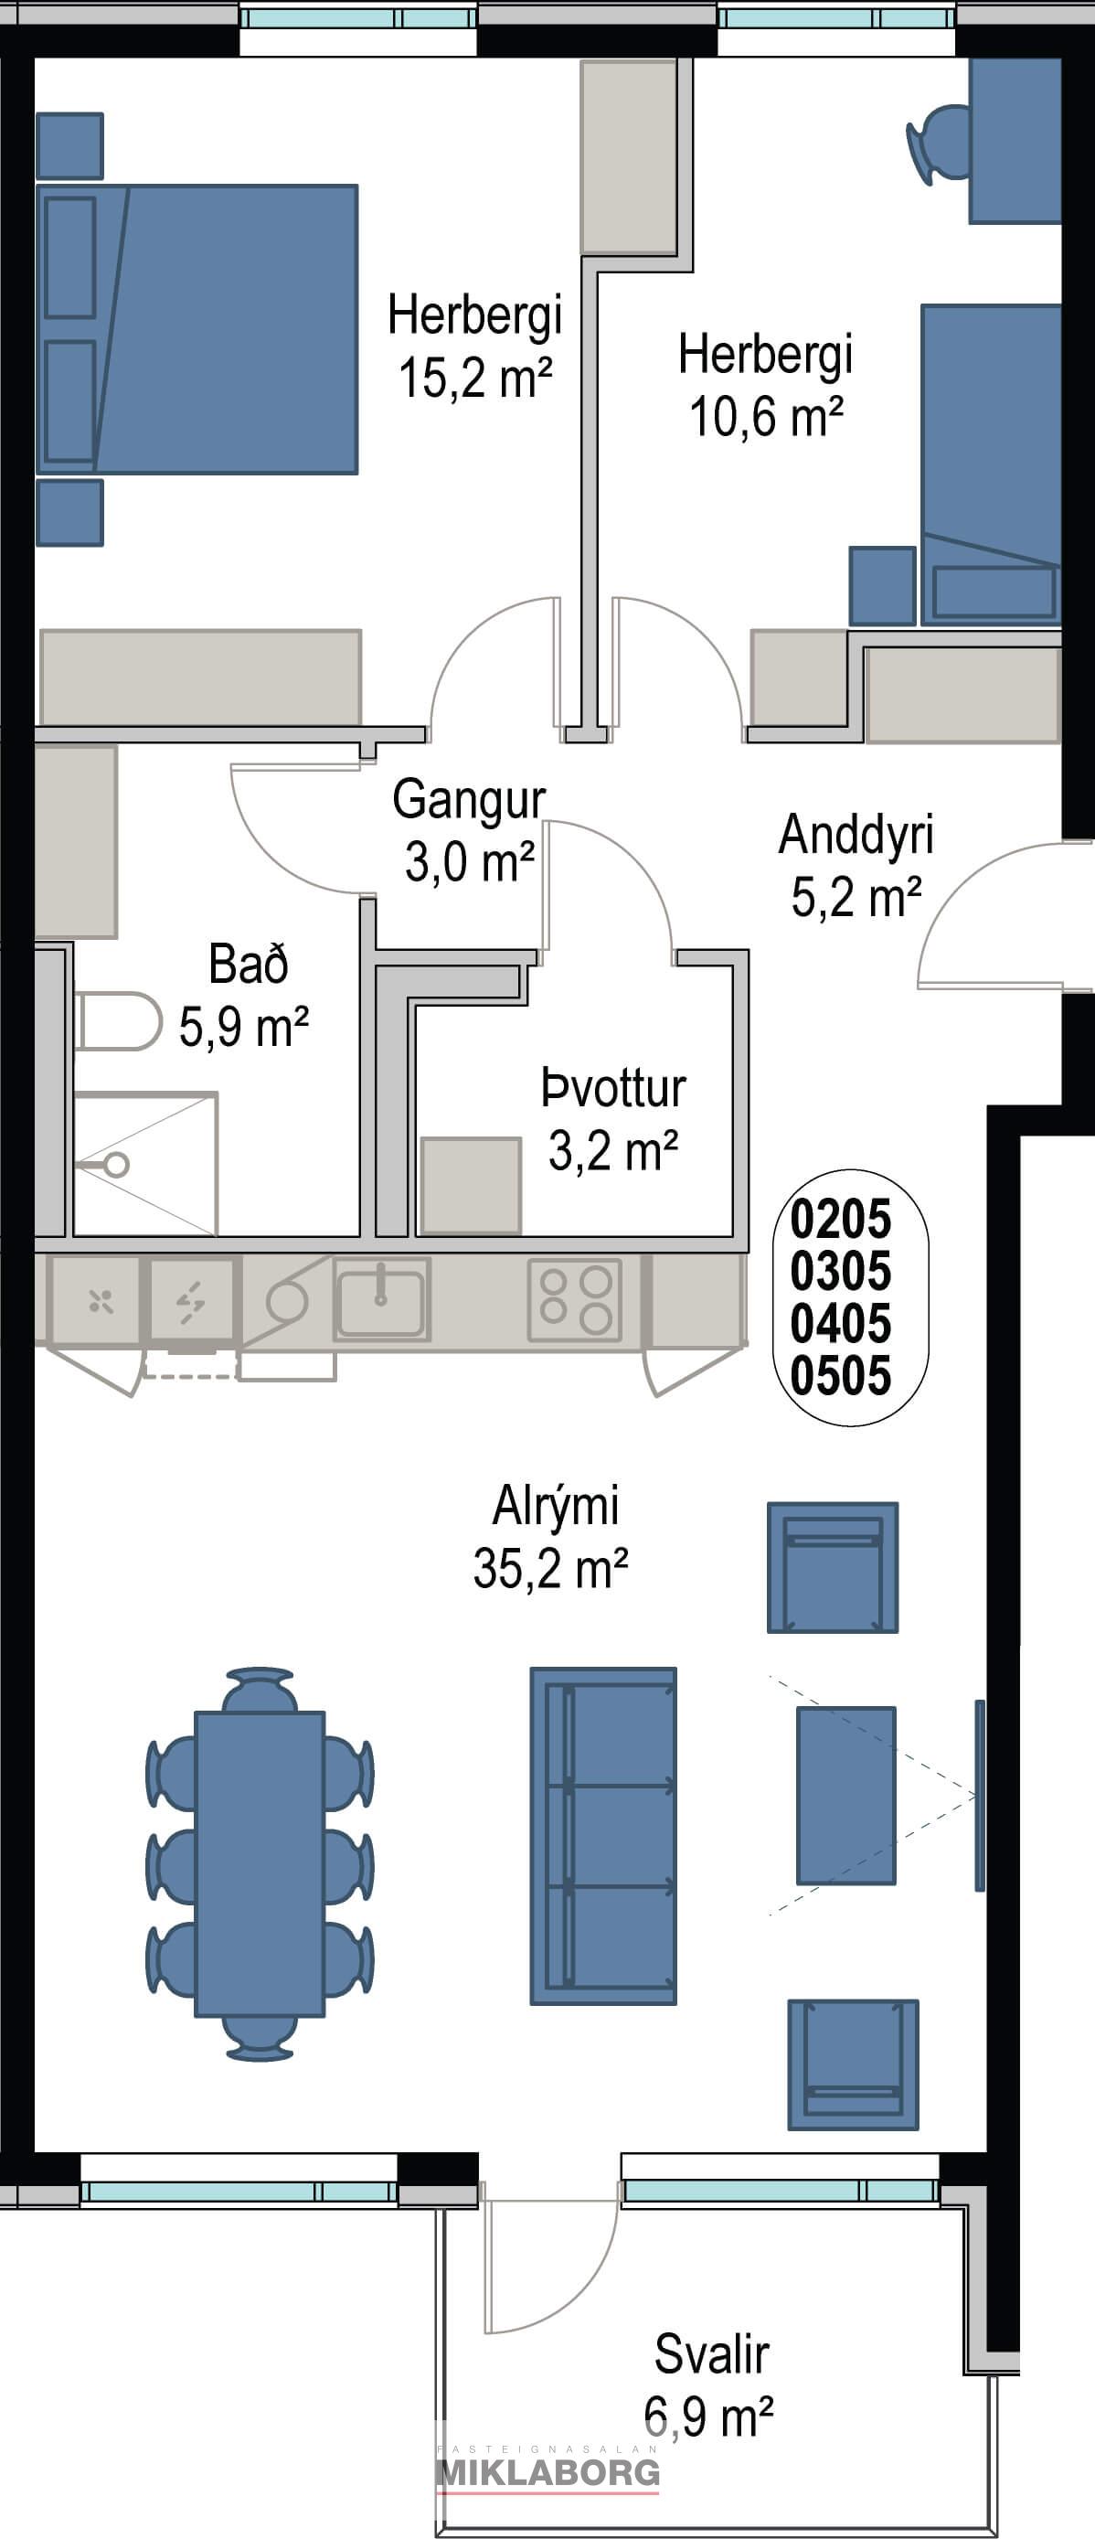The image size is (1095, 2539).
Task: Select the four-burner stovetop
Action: click(576, 1300)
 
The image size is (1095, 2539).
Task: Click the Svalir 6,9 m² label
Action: click(710, 2384)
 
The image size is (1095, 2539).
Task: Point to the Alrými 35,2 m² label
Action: click(551, 1537)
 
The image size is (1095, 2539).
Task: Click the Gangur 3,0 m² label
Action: click(469, 831)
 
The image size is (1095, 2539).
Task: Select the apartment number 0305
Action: click(841, 1271)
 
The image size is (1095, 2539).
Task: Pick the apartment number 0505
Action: click(841, 1375)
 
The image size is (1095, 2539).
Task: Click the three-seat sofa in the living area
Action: click(603, 1836)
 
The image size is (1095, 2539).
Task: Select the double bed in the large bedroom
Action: click(197, 329)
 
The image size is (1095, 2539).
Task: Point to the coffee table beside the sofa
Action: click(846, 1796)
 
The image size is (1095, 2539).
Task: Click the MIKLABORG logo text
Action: click(548, 2472)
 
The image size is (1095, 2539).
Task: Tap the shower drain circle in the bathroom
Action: click(116, 1165)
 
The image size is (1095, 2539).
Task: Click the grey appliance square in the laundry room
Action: click(471, 1186)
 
